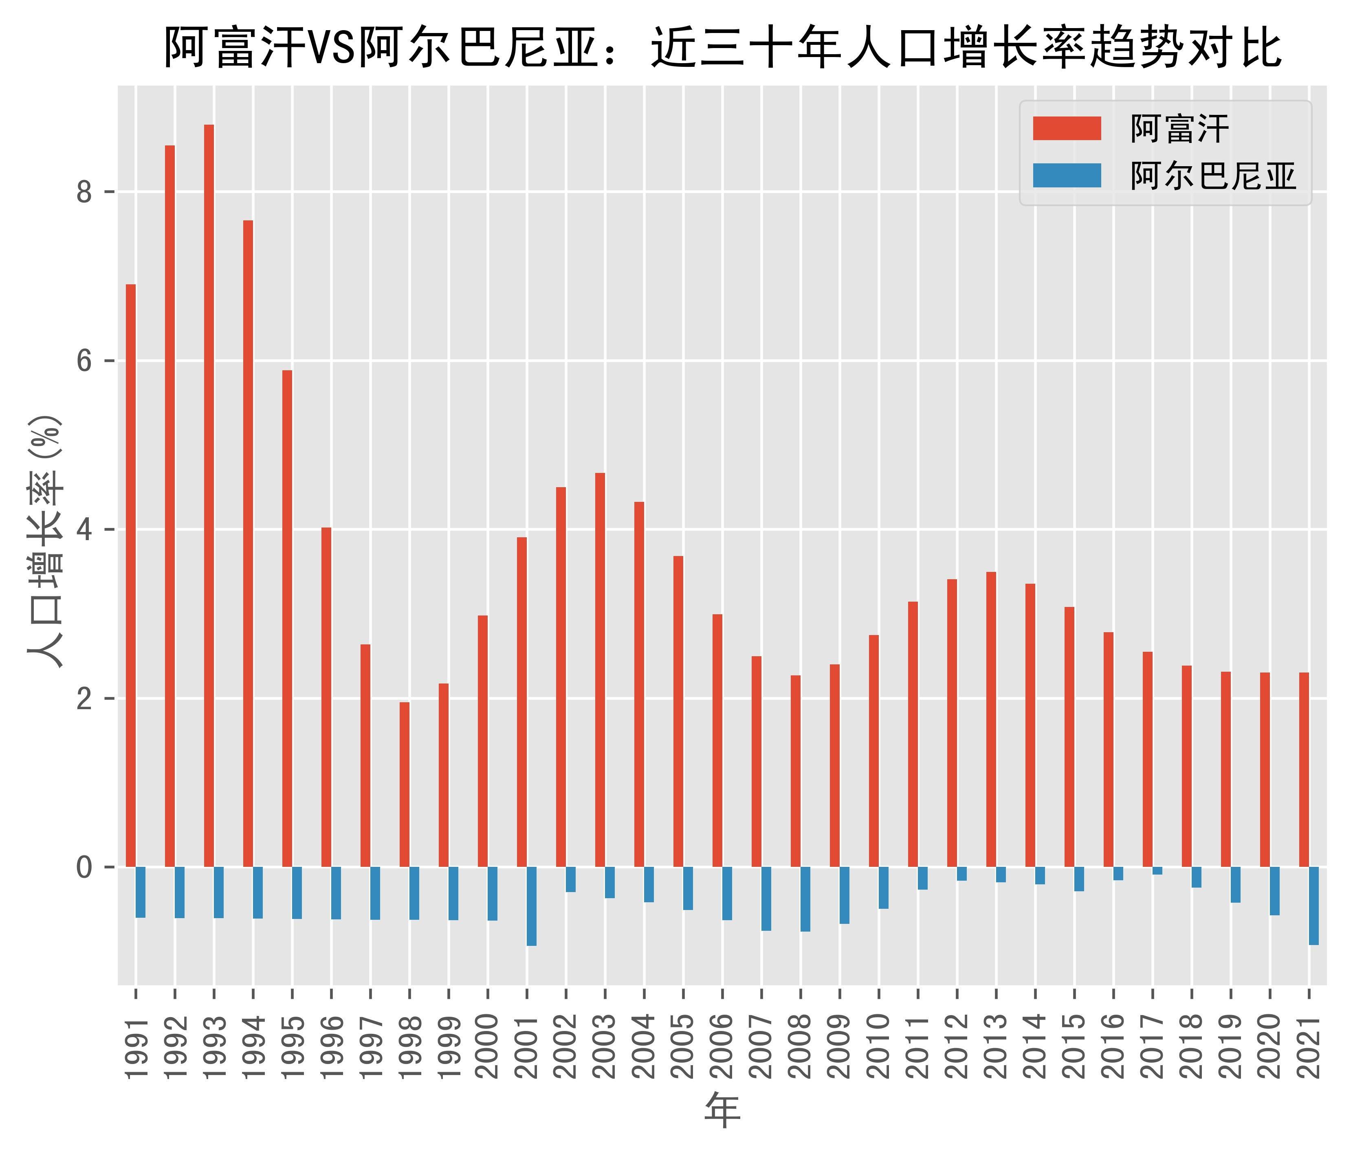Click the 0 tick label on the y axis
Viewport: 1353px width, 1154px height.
tap(85, 867)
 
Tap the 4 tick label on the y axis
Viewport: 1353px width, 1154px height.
tap(85, 530)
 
